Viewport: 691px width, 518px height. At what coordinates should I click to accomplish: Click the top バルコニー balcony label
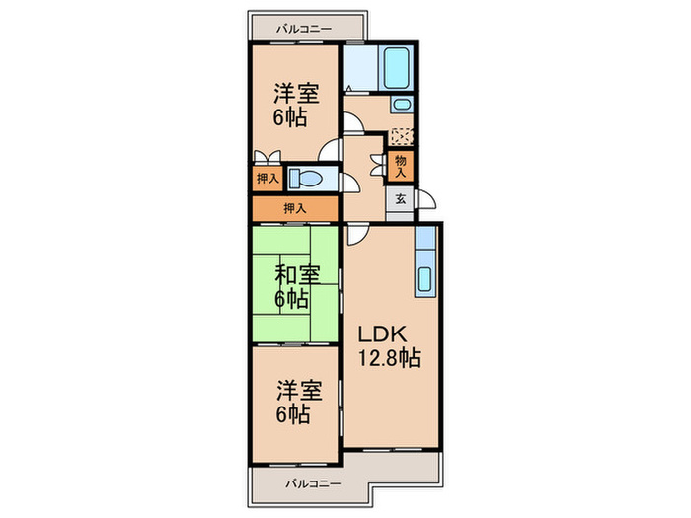coord(304,29)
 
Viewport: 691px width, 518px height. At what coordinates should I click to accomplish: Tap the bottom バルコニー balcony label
coord(313,484)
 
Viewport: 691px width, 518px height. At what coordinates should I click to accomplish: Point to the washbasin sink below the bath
coord(401,105)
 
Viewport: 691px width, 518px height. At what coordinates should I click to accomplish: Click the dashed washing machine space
coord(402,136)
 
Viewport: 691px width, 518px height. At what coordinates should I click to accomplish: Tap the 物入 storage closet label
coord(400,166)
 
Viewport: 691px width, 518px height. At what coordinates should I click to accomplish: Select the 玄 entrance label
coord(400,199)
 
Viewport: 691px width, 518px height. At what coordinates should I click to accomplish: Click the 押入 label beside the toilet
coord(268,179)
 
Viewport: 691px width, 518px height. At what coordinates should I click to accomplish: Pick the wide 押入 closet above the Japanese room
coord(295,208)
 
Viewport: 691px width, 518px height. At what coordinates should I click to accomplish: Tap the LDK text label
coord(382,334)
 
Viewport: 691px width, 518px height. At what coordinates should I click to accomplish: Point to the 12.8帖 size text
coord(388,358)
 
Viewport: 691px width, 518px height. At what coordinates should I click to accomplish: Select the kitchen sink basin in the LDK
coord(423,279)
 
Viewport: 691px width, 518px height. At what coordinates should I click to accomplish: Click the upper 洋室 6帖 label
coord(295,105)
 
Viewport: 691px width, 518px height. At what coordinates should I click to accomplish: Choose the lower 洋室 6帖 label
coord(298,403)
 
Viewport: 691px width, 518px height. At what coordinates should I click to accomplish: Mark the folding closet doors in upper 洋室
coord(268,156)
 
